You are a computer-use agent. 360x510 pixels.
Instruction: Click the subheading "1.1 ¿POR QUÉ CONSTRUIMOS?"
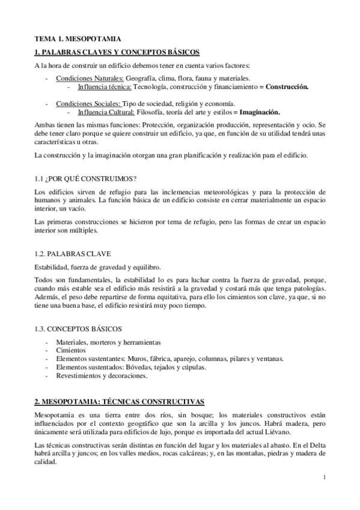pos(85,179)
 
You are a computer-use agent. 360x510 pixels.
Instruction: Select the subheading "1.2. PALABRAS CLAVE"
pos(73,253)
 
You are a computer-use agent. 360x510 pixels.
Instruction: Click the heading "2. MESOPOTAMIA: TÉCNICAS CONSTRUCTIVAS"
pos(120,401)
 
